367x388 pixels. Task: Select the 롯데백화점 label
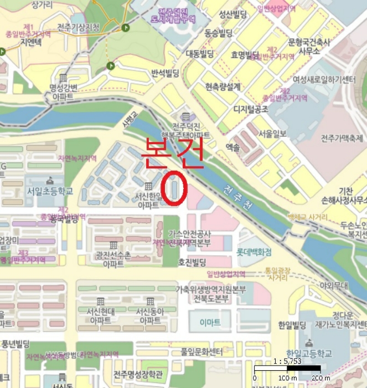click(254, 252)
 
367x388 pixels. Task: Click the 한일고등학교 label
click(309, 353)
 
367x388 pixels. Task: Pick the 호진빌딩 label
click(192, 262)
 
